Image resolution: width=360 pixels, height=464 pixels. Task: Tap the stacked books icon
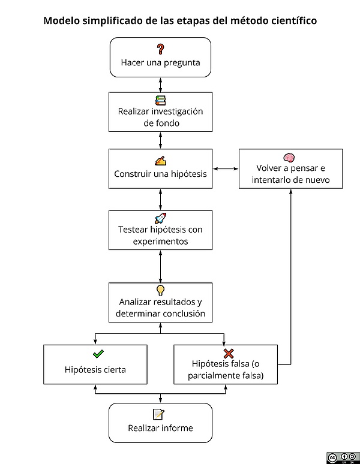point(160,100)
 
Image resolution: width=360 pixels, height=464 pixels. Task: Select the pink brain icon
point(289,157)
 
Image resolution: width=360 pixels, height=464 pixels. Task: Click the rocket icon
point(160,218)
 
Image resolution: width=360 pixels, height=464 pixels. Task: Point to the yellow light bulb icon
point(160,291)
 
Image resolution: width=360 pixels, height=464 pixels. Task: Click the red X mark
point(228,354)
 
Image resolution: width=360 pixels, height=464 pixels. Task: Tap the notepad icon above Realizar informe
point(158,414)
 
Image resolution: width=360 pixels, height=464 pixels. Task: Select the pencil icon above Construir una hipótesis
point(160,161)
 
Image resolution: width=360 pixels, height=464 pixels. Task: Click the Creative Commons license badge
point(343,457)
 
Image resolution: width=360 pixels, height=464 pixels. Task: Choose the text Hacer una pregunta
point(160,62)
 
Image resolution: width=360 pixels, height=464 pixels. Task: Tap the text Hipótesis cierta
point(95,369)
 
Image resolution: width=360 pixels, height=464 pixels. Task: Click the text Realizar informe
point(160,428)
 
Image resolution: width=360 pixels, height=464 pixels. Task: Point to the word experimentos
point(160,242)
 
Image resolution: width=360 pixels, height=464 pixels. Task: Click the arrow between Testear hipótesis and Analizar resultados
point(160,266)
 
